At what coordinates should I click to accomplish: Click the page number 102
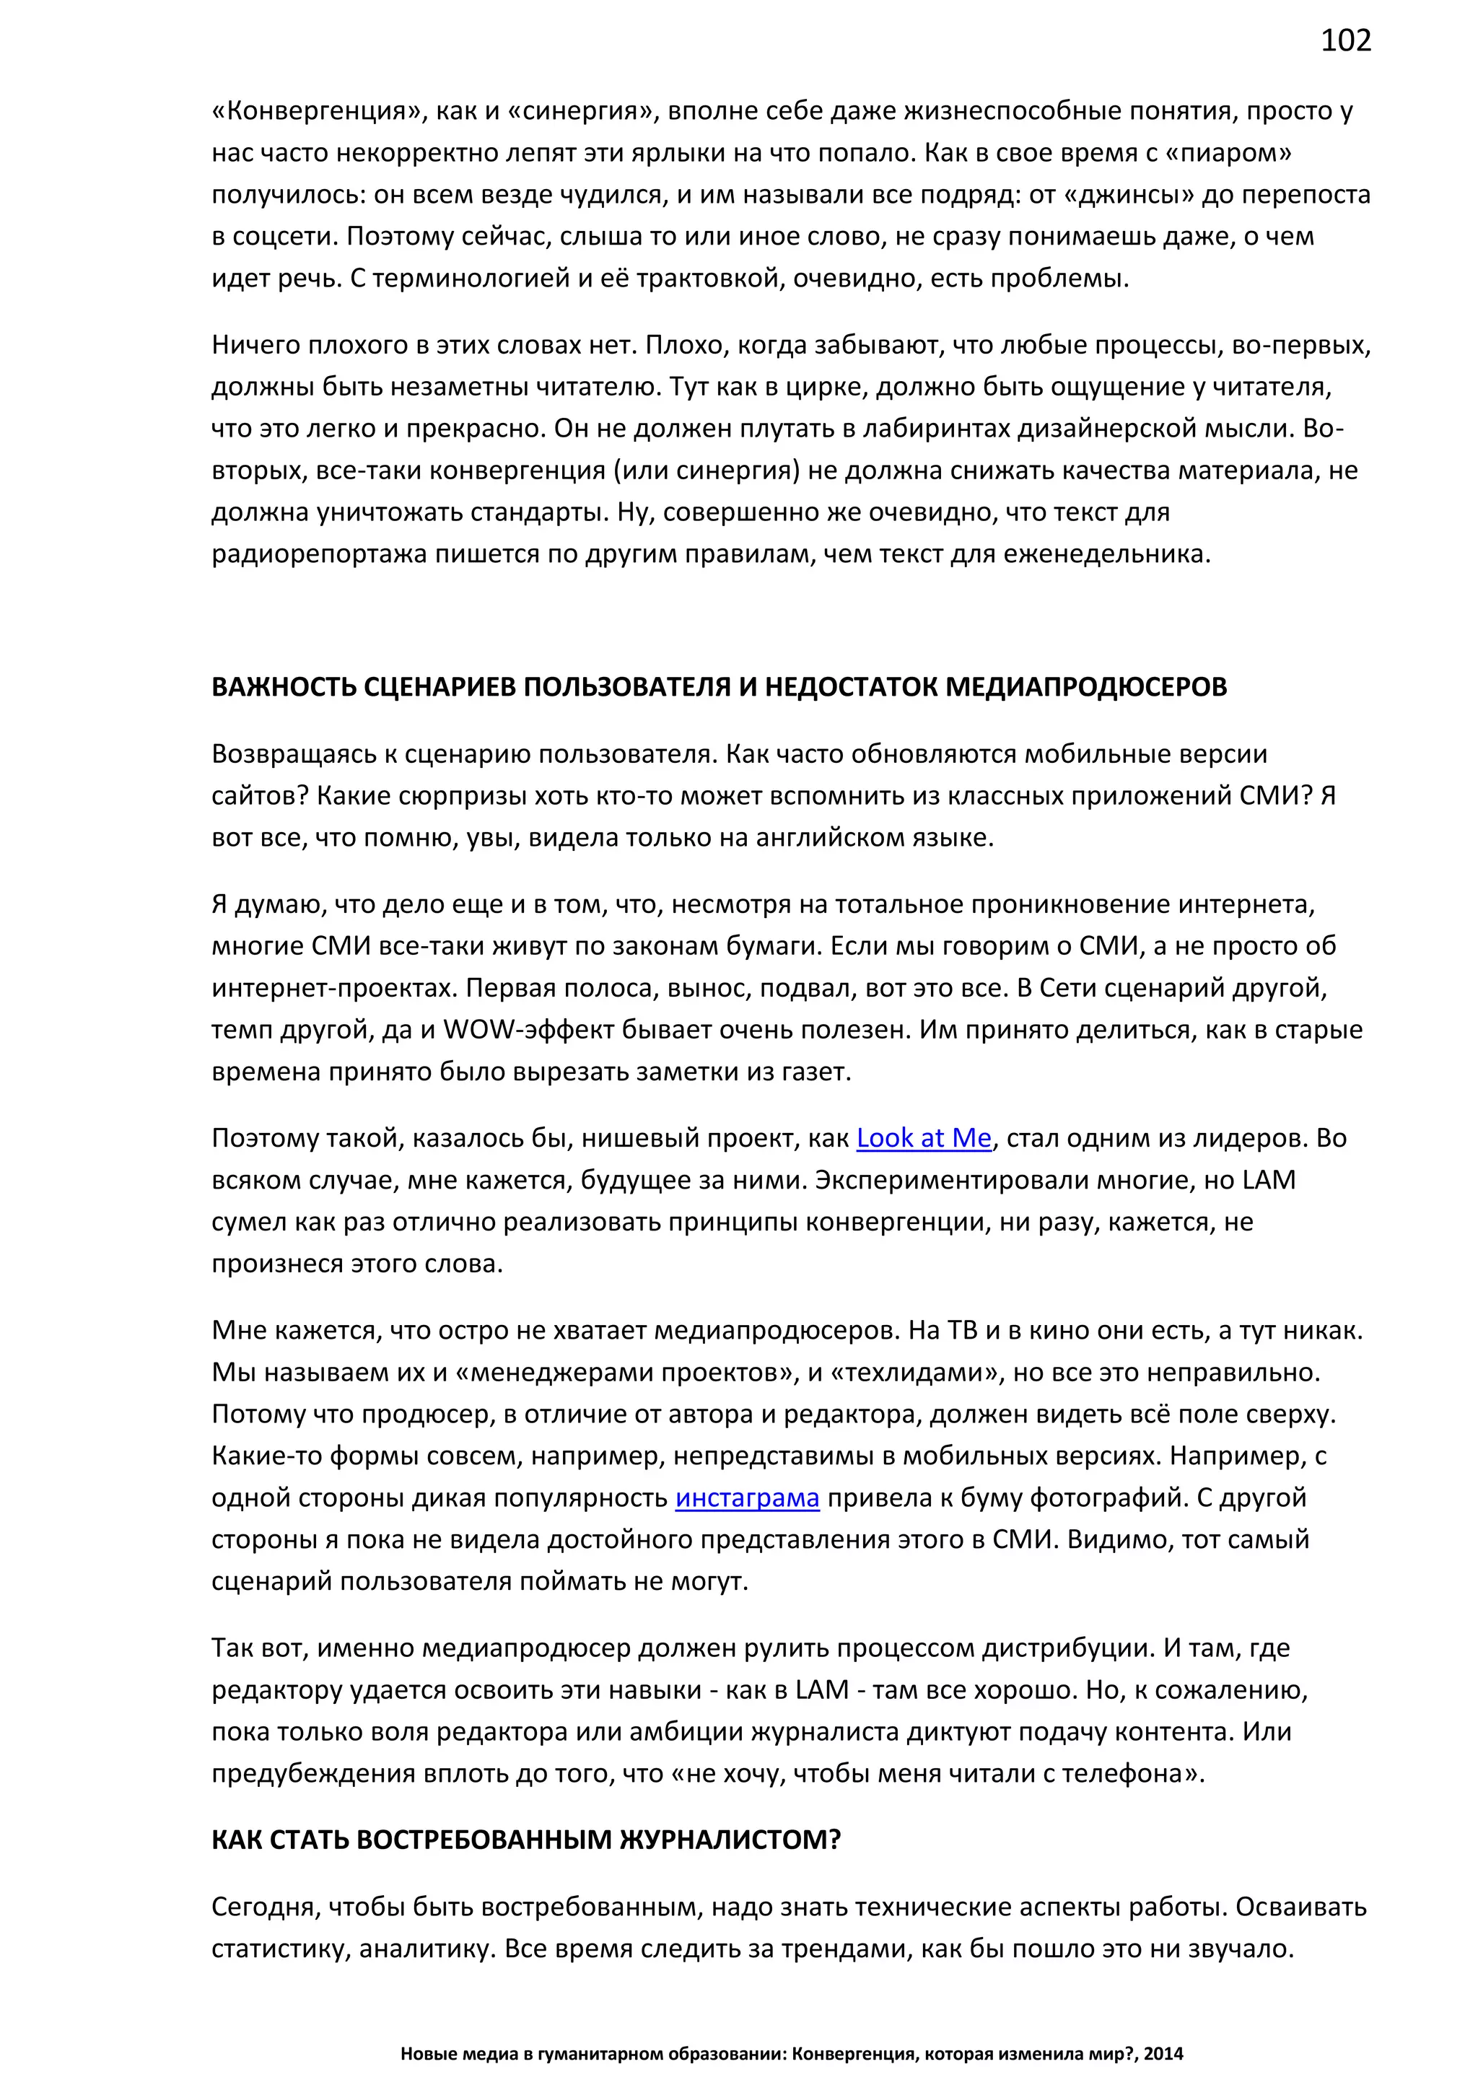point(1345,40)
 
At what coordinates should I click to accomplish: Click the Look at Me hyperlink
point(923,1138)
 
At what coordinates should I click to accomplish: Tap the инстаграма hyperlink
point(746,1497)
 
